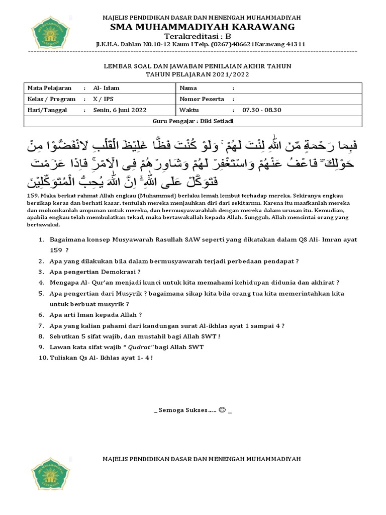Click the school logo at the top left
(50, 33)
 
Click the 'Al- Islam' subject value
(106, 88)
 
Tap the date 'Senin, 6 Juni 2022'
(120, 110)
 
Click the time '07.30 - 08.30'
(262, 110)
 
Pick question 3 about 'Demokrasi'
(94, 272)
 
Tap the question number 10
(42, 358)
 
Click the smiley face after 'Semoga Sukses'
(222, 410)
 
